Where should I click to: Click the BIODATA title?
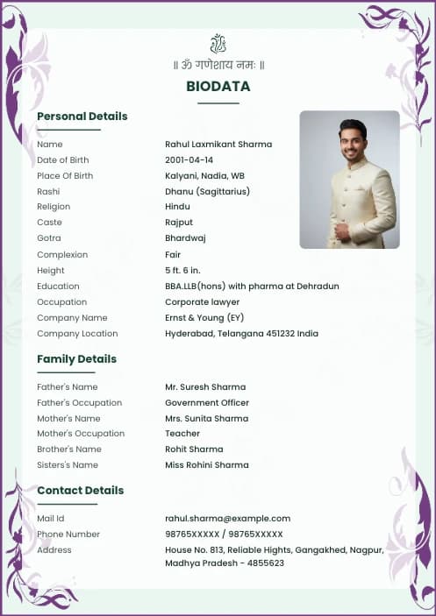(218, 87)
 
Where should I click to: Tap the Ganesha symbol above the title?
(218, 43)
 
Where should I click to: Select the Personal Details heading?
(82, 117)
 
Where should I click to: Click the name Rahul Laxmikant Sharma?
(218, 145)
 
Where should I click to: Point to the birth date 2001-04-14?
(189, 160)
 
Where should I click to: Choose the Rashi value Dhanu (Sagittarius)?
(207, 192)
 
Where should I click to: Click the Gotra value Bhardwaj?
(184, 238)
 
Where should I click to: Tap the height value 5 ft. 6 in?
(182, 270)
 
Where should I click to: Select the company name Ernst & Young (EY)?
(204, 318)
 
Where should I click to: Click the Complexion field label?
(62, 255)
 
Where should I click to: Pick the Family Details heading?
(76, 359)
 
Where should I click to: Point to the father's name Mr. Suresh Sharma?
(205, 387)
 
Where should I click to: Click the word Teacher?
(182, 434)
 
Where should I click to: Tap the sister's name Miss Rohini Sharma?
(207, 465)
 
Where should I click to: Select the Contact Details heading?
(80, 491)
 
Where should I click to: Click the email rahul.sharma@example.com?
(227, 519)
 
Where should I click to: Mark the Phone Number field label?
(68, 535)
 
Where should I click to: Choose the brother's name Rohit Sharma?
(194, 450)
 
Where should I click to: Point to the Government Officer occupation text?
(207, 403)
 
